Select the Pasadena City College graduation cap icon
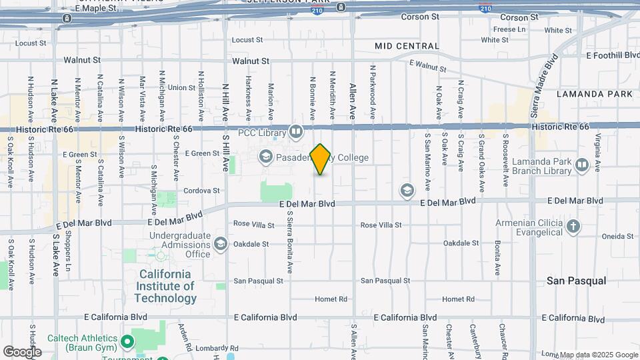point(265,157)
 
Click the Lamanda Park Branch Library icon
point(582,164)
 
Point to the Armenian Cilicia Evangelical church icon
point(573,227)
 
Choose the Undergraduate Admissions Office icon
point(221,244)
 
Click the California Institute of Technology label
point(165,286)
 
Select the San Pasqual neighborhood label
point(577,281)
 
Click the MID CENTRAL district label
point(407,46)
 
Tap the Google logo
point(22,351)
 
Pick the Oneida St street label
point(617,236)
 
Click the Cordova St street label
point(201,190)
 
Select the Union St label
point(181,87)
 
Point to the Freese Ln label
point(509,29)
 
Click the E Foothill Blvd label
point(612,55)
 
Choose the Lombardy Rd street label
point(216,348)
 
